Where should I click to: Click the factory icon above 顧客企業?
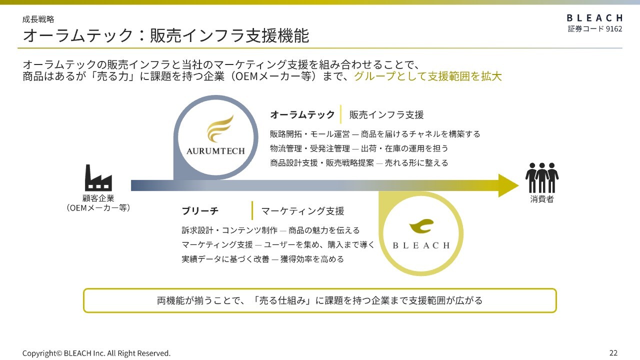pyautogui.click(x=98, y=177)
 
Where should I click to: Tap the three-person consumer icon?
pyautogui.click(x=541, y=177)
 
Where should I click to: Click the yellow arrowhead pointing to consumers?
pyautogui.click(x=508, y=185)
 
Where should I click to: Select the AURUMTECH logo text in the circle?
pyautogui.click(x=215, y=151)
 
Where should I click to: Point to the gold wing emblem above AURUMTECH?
pyautogui.click(x=219, y=128)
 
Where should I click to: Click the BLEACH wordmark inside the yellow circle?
pyautogui.click(x=421, y=245)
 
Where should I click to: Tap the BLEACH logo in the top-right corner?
pyautogui.click(x=594, y=18)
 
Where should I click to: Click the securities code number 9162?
pyautogui.click(x=613, y=29)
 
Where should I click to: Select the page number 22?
pyautogui.click(x=613, y=353)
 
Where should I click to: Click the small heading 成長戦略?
pyautogui.click(x=38, y=19)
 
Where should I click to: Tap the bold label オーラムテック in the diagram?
pyautogui.click(x=302, y=114)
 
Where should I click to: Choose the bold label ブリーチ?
pyautogui.click(x=200, y=211)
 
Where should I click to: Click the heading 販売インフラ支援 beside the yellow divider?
pyautogui.click(x=386, y=114)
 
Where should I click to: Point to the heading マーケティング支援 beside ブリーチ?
pyautogui.click(x=302, y=211)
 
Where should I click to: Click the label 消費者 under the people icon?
pyautogui.click(x=541, y=199)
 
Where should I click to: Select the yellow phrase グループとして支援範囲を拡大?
pyautogui.click(x=427, y=76)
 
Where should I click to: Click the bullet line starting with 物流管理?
pyautogui.click(x=359, y=148)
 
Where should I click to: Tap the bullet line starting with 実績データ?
pyautogui.click(x=262, y=259)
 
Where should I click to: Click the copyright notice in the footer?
pyautogui.click(x=96, y=353)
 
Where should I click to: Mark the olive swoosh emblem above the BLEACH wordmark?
pyautogui.click(x=421, y=226)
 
